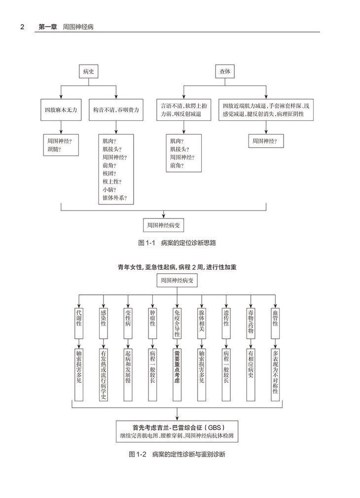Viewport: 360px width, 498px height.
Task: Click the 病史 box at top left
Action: (89, 72)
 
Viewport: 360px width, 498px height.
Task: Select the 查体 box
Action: (224, 72)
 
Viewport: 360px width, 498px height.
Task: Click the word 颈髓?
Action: (54, 149)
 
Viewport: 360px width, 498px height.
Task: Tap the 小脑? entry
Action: (109, 190)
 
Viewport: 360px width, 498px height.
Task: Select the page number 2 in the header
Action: (23, 27)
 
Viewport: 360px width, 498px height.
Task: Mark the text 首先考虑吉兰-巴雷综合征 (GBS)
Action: (178, 427)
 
